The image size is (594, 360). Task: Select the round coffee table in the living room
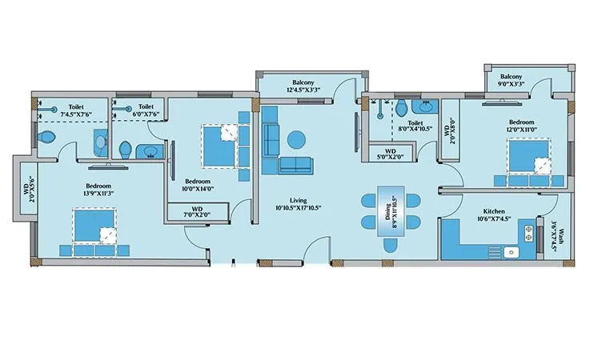pos(295,138)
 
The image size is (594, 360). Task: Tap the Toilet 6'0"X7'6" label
pos(146,110)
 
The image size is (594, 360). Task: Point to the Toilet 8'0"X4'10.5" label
pos(416,126)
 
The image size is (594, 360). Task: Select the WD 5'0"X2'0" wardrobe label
pos(390,153)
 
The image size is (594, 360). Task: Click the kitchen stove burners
pos(529,233)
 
